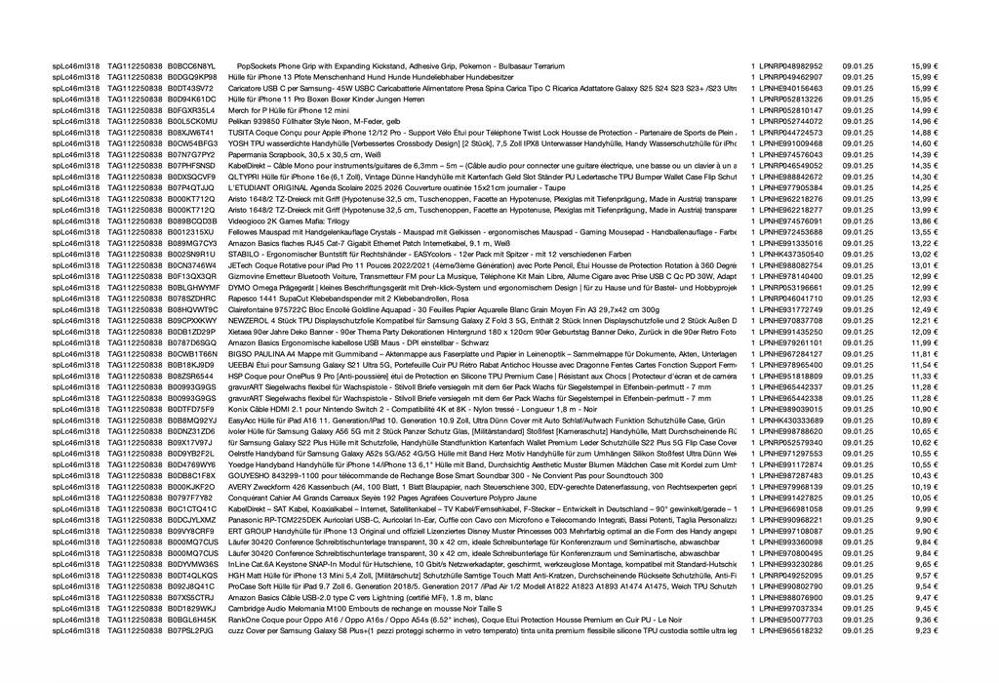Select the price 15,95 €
[925, 99]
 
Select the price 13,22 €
[925, 244]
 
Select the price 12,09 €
[925, 333]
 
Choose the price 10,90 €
[925, 410]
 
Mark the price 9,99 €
[927, 509]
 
